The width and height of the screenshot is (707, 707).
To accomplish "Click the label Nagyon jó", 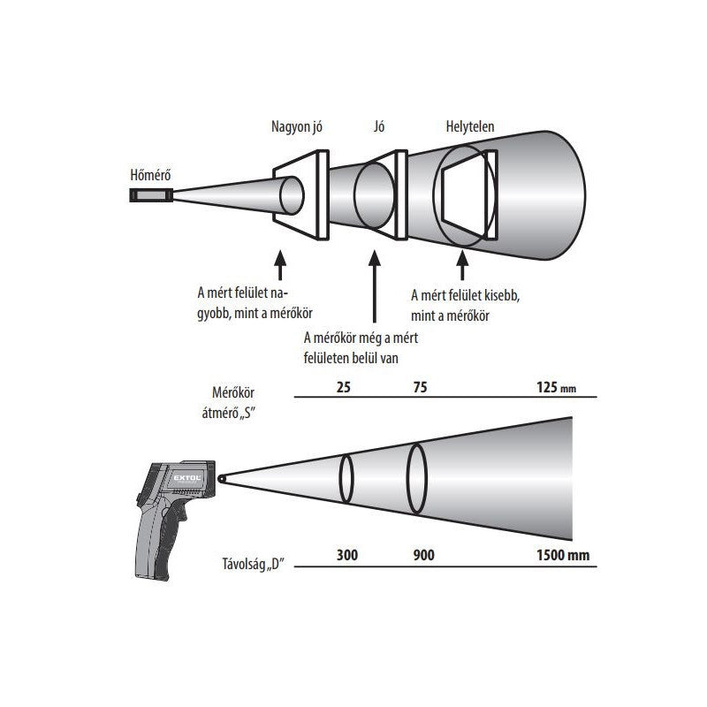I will [296, 127].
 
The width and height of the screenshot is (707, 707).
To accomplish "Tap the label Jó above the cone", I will [380, 127].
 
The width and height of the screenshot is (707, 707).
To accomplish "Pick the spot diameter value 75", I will [422, 386].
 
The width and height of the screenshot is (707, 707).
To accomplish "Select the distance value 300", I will [347, 557].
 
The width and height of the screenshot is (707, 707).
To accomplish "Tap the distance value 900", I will [424, 557].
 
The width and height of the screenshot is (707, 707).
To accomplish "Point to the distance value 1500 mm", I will [563, 557].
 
